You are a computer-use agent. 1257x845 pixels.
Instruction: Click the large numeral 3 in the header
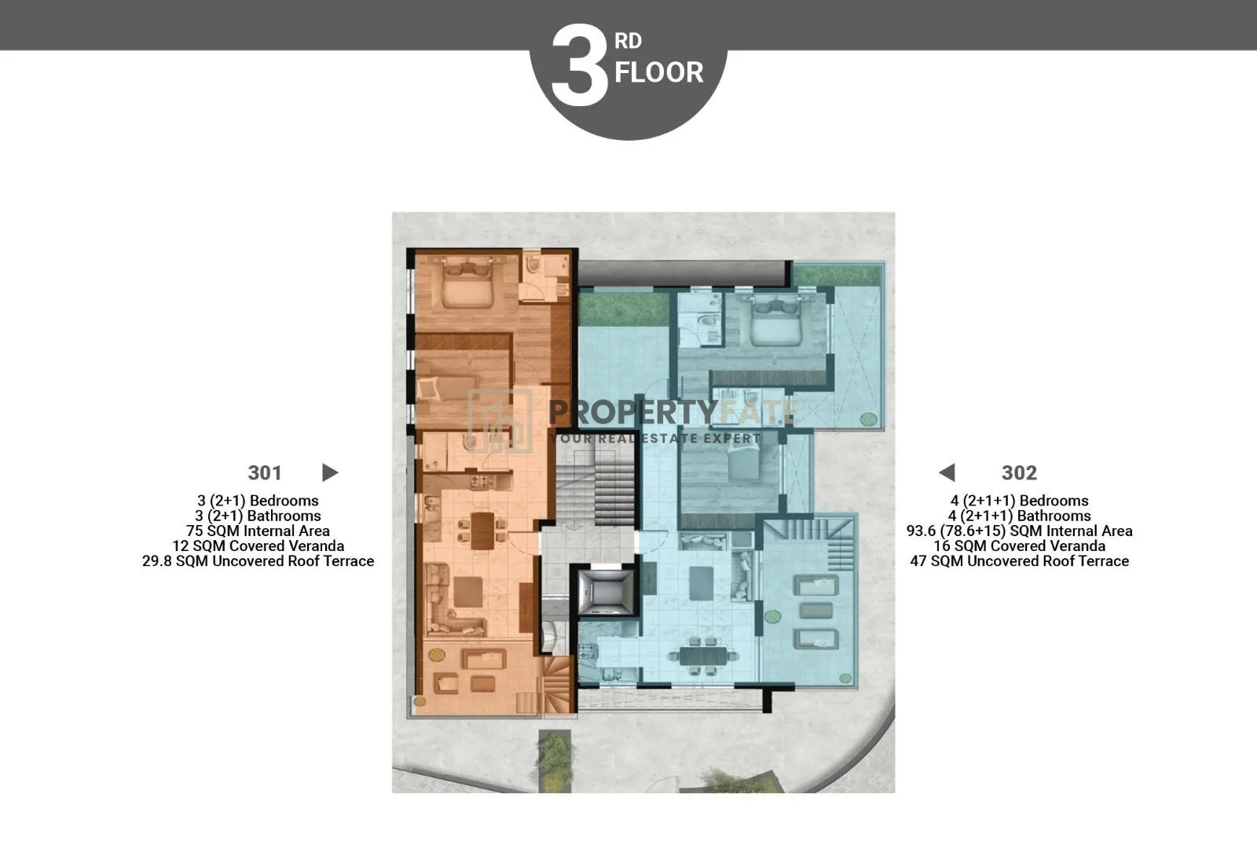(580, 65)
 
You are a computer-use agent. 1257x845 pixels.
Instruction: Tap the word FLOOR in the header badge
(659, 72)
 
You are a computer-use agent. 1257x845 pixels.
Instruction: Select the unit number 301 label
(265, 472)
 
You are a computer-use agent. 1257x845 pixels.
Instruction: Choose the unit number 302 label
(1019, 472)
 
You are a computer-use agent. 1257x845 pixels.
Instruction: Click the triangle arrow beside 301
(329, 472)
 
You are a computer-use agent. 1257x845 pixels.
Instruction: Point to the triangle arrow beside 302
(947, 472)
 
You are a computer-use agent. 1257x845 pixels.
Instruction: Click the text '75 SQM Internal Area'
(258, 531)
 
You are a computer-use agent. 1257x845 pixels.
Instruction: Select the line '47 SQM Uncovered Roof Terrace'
(1019, 561)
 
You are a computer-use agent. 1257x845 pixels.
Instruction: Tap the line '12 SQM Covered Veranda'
(258, 546)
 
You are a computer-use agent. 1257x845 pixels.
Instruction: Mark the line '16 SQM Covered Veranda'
(1019, 546)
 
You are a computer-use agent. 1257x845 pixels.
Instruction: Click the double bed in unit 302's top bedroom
(776, 321)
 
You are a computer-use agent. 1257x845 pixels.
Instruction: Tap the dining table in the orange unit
(482, 530)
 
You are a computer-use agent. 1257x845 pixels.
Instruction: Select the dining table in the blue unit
(702, 656)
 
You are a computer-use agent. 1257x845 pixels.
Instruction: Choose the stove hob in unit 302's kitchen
(588, 652)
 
